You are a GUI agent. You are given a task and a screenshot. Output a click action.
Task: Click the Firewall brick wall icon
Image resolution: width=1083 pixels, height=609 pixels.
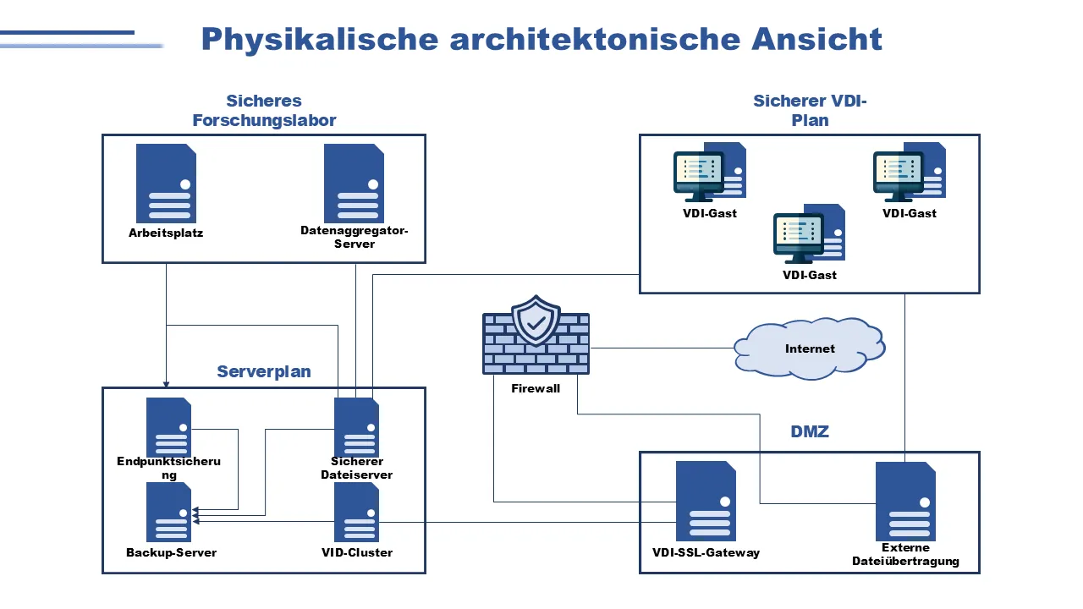(x=536, y=347)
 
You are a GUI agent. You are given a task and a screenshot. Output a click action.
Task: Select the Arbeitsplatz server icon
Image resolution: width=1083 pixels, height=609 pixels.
(x=166, y=184)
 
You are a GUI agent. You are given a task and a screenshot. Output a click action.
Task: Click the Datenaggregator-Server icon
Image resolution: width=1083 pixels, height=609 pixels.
(x=354, y=184)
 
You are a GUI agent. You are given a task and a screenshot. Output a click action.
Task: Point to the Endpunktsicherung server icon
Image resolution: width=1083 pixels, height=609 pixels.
(x=168, y=427)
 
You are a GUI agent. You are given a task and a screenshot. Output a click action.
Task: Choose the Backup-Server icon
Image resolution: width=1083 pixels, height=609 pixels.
(x=168, y=512)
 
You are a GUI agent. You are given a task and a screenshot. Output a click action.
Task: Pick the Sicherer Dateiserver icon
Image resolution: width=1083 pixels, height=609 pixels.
(x=356, y=427)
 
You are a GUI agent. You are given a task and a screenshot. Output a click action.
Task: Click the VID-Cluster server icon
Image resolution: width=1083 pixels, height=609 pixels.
(x=356, y=512)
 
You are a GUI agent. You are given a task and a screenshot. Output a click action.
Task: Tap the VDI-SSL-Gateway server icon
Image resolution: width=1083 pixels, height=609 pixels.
(x=706, y=501)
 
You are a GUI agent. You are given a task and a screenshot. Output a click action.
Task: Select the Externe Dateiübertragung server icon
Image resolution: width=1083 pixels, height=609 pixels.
(x=905, y=501)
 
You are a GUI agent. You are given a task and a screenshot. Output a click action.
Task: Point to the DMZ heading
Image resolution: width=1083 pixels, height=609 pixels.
(x=810, y=431)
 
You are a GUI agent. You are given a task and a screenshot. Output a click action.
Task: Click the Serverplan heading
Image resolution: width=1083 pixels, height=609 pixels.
(x=264, y=371)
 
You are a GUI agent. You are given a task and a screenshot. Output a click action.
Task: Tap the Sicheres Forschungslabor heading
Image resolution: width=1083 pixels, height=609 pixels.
(x=264, y=111)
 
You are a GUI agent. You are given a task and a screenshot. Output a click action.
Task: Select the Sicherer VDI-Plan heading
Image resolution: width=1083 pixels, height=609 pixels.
(x=810, y=111)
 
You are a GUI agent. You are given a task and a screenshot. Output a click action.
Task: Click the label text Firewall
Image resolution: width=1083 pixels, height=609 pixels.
(x=536, y=388)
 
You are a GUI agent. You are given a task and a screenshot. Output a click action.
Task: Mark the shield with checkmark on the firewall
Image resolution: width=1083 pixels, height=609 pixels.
(x=536, y=321)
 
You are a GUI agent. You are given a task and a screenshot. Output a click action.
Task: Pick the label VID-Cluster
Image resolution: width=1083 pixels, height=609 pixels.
(x=357, y=552)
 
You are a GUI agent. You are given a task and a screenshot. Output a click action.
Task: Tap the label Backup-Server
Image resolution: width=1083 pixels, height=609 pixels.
(x=171, y=552)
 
